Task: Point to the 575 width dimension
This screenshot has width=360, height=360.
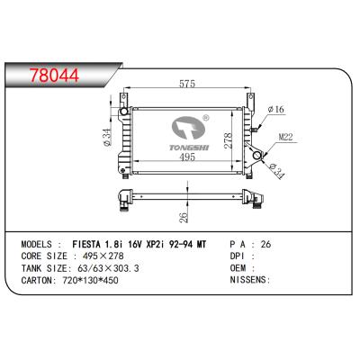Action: [187, 85]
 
